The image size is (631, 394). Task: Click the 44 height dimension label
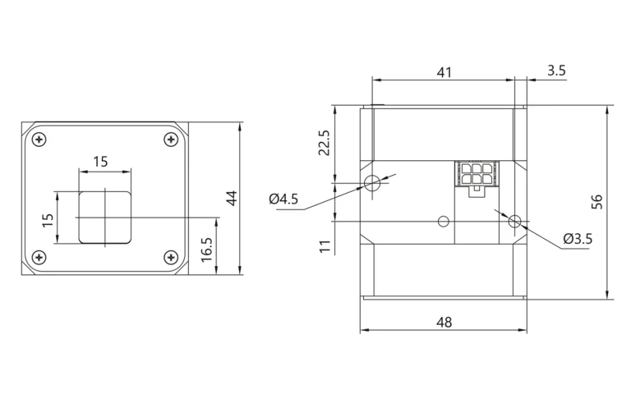click(x=233, y=198)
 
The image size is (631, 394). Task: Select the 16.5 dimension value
click(x=206, y=250)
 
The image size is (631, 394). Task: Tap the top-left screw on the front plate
click(x=39, y=140)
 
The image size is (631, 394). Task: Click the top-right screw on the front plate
click(x=172, y=140)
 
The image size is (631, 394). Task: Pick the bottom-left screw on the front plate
click(x=39, y=257)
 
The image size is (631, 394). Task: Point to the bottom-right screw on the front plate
click(x=172, y=257)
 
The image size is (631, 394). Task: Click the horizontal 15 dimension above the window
click(x=100, y=162)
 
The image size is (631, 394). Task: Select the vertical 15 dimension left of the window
click(x=48, y=220)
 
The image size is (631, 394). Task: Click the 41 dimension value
click(x=444, y=72)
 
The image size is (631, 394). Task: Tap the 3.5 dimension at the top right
click(x=556, y=71)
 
